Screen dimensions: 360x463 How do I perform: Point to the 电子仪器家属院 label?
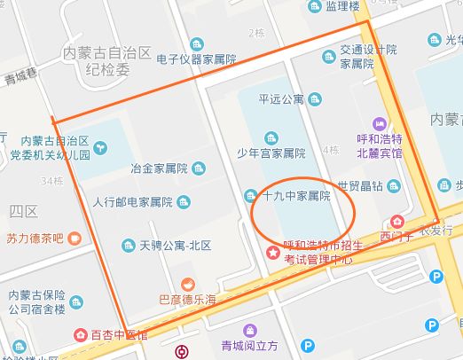[196, 59]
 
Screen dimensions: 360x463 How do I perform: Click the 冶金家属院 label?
[159, 168]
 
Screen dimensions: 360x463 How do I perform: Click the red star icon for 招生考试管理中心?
[272, 253]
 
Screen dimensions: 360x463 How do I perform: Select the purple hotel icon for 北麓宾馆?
[380, 124]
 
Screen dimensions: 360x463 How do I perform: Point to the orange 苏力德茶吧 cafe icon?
[75, 238]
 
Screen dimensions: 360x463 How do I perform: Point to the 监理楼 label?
[341, 6]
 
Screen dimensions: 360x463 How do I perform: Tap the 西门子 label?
[390, 237]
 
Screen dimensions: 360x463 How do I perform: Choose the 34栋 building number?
[51, 182]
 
